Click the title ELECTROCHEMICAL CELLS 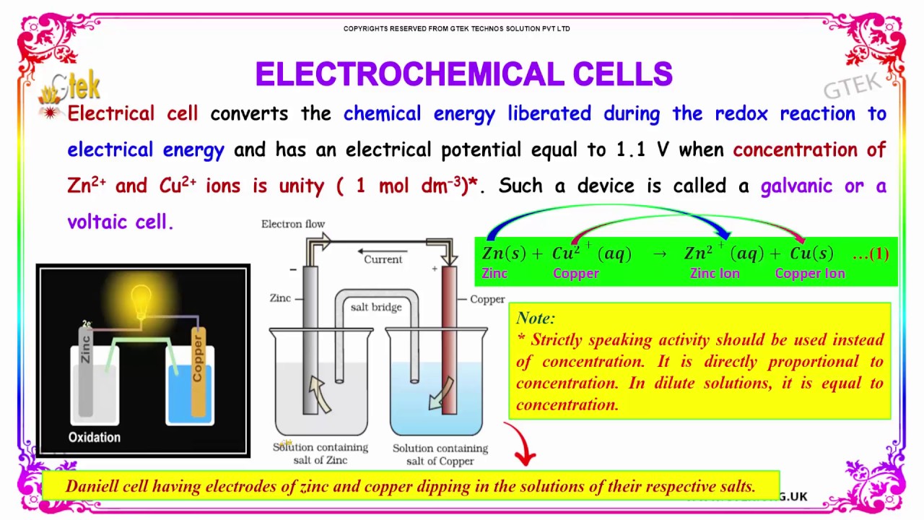pos(463,74)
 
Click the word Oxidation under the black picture pos(95,437)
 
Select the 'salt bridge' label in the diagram pos(376,307)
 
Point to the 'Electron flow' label pos(293,224)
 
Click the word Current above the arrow pos(383,259)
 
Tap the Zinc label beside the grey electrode pos(280,298)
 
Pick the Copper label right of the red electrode pos(487,299)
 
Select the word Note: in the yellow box pos(536,318)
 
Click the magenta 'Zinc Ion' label pos(715,274)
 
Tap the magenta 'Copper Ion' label pos(809,274)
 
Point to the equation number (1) pos(879,254)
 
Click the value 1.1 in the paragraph pos(632,149)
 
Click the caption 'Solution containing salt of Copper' pos(440,454)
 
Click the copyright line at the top pos(456,29)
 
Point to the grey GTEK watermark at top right pos(853,85)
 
